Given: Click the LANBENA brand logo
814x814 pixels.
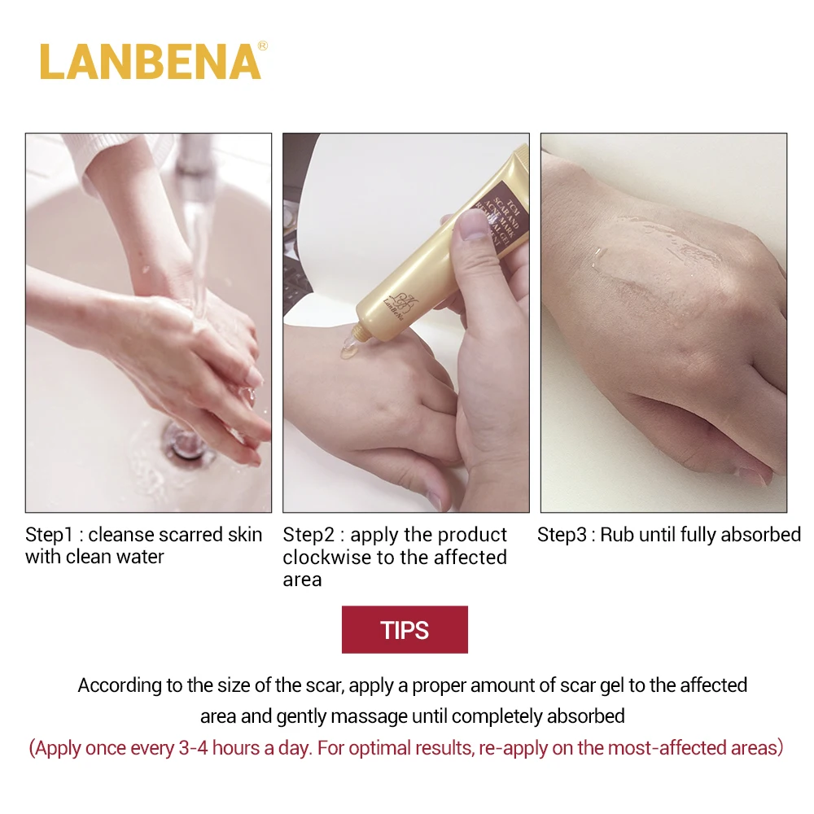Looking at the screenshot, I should coord(151,61).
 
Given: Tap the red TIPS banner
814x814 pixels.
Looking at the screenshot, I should coord(405,629).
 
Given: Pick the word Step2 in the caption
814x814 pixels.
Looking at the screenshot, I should coord(309,535).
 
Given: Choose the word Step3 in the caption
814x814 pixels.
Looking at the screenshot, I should coord(563,535).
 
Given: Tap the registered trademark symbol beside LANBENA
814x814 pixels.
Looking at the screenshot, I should coord(262,46).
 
